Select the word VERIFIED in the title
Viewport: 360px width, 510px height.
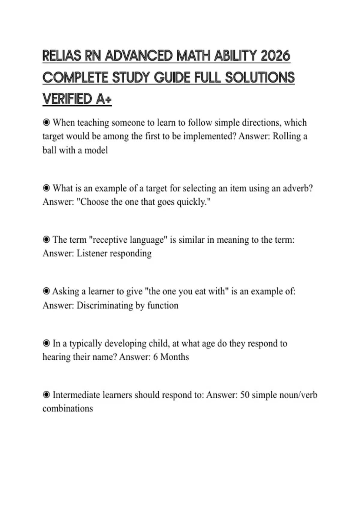point(67,99)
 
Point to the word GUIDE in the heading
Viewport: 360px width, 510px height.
point(172,77)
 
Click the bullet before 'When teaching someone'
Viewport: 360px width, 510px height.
point(46,122)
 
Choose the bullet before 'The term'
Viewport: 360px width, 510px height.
point(46,240)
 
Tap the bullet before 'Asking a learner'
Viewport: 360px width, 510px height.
point(46,291)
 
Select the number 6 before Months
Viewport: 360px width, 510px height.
point(155,357)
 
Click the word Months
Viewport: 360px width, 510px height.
point(175,357)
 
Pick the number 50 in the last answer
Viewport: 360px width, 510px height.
point(245,395)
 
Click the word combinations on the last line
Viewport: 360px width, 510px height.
point(68,409)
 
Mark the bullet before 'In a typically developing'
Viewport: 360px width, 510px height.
point(46,343)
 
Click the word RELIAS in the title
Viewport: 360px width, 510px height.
point(61,56)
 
